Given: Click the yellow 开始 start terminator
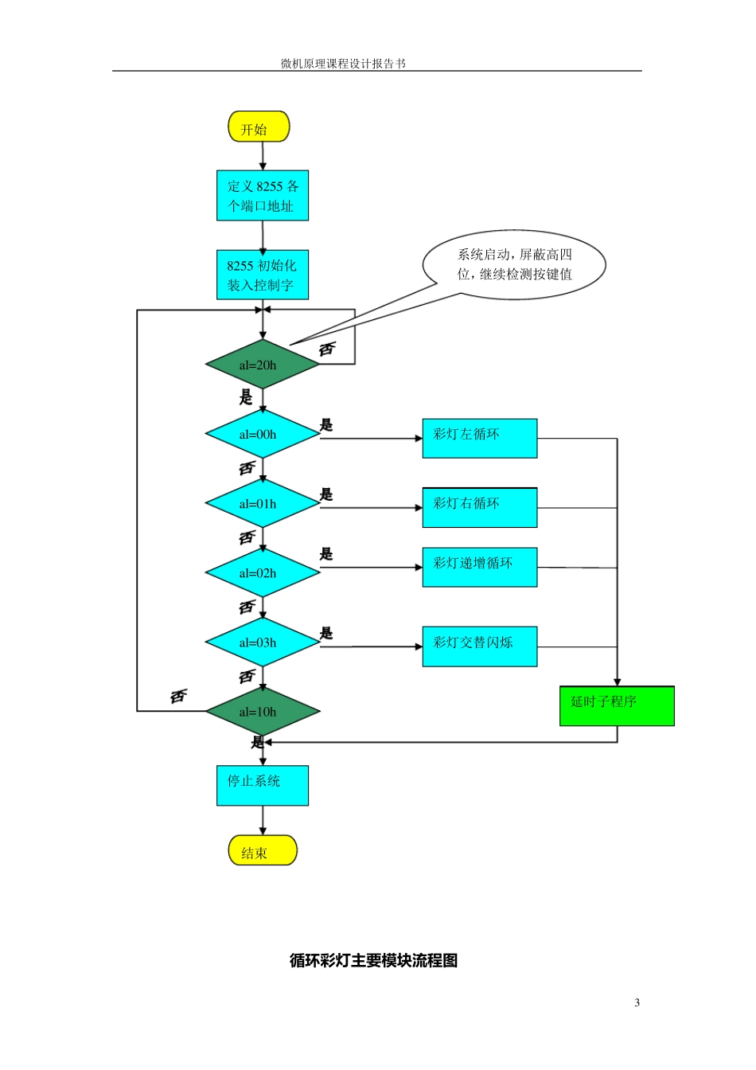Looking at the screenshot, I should point(259,127).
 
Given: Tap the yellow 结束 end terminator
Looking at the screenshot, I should point(263,850).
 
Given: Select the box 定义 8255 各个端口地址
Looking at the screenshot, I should point(263,196).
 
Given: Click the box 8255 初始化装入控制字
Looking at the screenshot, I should point(263,275).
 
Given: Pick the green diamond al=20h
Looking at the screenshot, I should point(263,365).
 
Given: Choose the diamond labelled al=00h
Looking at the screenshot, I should point(263,435).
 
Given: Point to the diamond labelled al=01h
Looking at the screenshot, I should point(263,504).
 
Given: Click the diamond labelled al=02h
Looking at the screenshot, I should point(263,573).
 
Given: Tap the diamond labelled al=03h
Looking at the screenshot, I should point(263,642).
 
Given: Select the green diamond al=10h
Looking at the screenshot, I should point(263,712).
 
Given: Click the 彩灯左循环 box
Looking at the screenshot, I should point(480,439).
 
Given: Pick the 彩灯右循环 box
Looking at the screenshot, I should point(480,508).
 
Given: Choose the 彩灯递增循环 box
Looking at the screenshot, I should point(480,568).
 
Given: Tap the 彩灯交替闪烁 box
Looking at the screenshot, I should point(480,646).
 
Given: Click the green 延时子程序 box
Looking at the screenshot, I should point(617,706).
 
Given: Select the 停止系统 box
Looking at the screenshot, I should point(263,786).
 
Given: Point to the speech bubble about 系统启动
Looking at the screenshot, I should point(514,265).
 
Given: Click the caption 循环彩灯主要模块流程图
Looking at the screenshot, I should point(373,961).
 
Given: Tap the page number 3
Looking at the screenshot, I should point(637,1003).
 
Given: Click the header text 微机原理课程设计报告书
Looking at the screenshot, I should point(343,64).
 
